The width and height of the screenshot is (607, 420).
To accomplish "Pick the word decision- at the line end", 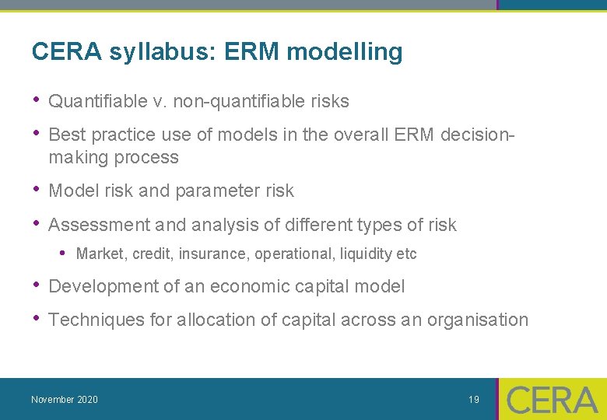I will [477, 135].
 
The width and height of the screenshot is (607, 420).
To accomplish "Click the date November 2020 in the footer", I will [65, 400].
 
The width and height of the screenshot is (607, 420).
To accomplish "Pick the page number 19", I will [474, 400].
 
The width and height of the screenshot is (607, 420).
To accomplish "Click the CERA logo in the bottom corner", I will [553, 400].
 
